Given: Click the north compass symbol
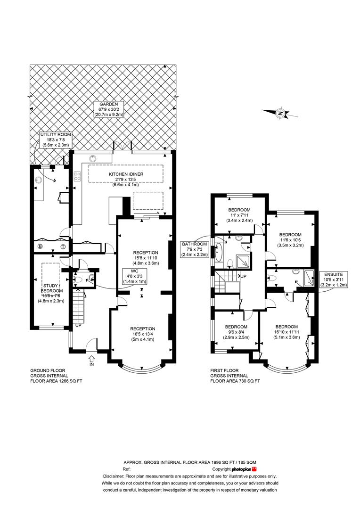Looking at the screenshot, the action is tap(280, 113).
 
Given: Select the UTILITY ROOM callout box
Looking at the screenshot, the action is tap(55, 140).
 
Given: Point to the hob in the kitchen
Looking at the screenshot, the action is tap(77, 177).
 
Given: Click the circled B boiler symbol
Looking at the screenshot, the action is tap(40, 246).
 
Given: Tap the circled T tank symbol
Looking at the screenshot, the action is tap(63, 246).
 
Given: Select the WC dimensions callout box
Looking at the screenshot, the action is tap(134, 276).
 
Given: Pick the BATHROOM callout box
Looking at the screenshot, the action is tap(195, 249).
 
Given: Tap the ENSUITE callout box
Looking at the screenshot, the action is tap(334, 279).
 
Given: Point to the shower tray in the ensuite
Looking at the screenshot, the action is tap(308, 278).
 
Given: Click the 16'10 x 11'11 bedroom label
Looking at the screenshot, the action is tap(286, 332).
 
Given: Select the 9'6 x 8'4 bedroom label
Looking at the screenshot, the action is tap(236, 332).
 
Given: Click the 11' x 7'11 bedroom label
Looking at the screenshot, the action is tap(239, 215).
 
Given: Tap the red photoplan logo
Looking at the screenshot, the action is tap(254, 469).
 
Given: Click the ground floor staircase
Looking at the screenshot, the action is tap(78, 306).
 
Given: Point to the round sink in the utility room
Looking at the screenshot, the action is tap(39, 180).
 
